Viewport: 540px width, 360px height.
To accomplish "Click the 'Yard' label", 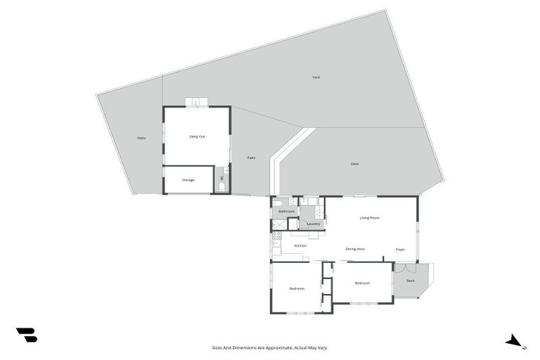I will click(x=316, y=77).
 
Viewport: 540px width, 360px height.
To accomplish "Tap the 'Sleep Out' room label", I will click(x=197, y=136).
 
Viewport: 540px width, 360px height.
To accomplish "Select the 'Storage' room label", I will click(x=188, y=180).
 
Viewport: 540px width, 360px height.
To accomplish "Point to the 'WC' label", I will click(x=222, y=178).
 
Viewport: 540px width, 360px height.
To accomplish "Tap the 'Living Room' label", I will click(x=370, y=218).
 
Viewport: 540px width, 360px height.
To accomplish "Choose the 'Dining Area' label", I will click(x=355, y=249).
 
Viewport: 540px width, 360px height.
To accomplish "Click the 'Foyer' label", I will click(x=400, y=249).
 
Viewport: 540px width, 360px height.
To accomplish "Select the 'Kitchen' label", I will click(x=300, y=245).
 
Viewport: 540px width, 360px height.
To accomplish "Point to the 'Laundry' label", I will click(x=314, y=224).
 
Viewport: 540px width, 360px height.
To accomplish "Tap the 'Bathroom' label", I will click(x=286, y=211).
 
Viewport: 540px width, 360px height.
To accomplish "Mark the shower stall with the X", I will click(x=278, y=225).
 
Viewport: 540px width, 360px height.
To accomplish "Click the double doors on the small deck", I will click(x=405, y=268).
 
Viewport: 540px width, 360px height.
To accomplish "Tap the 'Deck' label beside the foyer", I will click(x=410, y=281).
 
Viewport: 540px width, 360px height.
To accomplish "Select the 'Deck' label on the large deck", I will click(x=355, y=164).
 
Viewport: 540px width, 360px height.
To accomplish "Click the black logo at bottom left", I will click(x=26, y=335).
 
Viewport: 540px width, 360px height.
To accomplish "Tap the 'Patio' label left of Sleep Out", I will click(x=141, y=138).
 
